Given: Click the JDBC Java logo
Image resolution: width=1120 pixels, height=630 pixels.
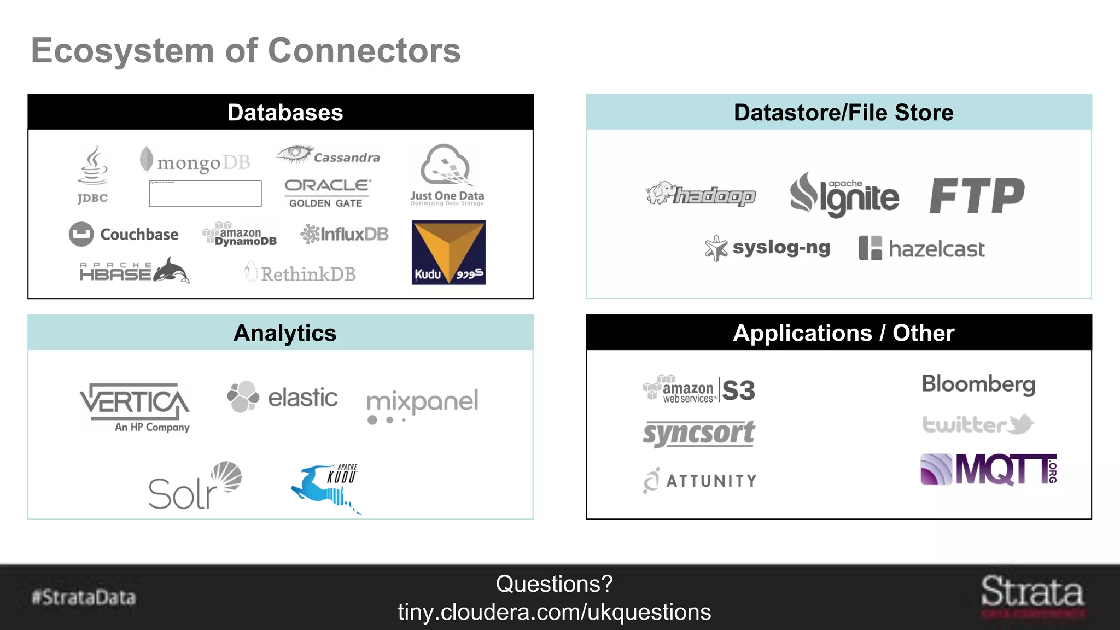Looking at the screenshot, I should point(92,174).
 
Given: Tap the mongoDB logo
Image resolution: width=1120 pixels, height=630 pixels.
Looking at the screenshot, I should point(196,161).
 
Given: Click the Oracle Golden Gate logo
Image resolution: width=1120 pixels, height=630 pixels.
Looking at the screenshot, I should point(326,193).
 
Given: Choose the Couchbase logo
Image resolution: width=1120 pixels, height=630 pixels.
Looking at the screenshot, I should point(124,234).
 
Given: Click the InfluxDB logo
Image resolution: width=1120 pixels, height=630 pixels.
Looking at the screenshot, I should point(345,234).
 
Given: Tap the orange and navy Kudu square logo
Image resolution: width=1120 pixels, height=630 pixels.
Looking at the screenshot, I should point(448,252).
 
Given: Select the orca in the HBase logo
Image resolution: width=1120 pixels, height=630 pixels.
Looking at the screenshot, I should point(172,271).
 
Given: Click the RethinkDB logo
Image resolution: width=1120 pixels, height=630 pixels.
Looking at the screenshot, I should point(301,273).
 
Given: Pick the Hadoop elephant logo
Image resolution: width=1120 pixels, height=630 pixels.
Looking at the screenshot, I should point(701,194).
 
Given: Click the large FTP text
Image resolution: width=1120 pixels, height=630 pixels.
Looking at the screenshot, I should point(977,195).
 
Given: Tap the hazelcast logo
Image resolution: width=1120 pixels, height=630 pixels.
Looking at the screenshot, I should point(921,249).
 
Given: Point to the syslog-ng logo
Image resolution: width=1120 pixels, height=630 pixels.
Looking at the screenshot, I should point(768,248).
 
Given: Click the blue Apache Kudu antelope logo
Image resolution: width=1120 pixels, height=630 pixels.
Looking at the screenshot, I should point(326,487).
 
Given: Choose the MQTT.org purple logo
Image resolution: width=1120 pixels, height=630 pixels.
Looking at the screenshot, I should point(989,469).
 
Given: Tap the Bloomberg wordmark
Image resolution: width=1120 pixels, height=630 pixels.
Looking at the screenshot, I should point(978,384).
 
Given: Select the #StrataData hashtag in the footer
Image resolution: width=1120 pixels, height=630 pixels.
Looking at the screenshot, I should point(84,597).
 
